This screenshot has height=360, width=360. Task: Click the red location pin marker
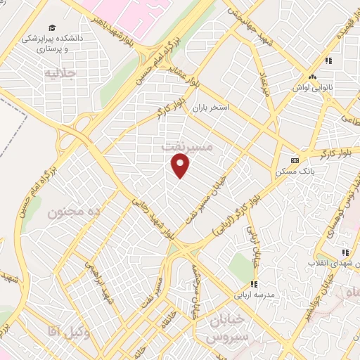click(x=181, y=165)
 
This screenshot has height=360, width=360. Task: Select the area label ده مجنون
click(x=75, y=211)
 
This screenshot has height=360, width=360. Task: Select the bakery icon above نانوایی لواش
click(x=313, y=77)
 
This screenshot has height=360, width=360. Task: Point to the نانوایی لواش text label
click(x=313, y=89)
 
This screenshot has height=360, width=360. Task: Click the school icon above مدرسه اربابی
click(x=254, y=285)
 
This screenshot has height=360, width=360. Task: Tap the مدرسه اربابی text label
click(x=254, y=297)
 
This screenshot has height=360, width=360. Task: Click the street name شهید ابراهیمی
click(x=96, y=278)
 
